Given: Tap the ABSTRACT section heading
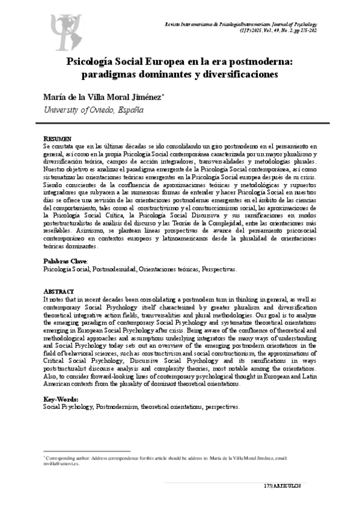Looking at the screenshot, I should click(59, 290).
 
